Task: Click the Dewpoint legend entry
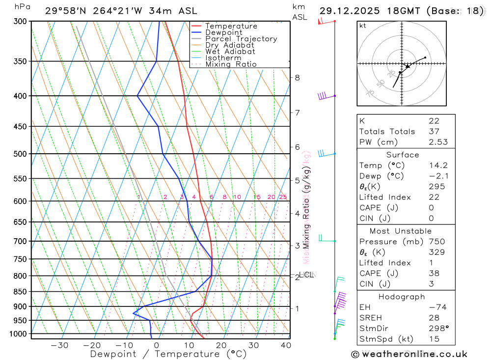point(223,32)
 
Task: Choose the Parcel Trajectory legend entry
point(241,39)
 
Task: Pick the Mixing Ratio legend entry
point(231,64)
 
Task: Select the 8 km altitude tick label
point(298,78)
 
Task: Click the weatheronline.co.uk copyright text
point(409,354)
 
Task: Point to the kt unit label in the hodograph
point(363,26)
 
